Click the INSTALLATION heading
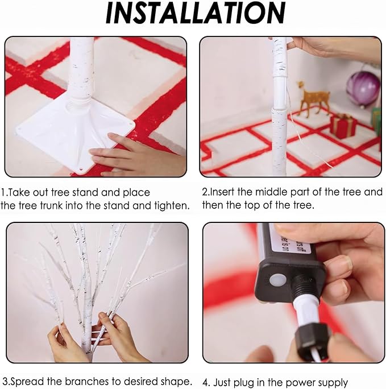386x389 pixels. pos(196,14)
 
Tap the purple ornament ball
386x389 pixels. pos(363,89)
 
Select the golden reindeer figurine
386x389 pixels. pos(313,99)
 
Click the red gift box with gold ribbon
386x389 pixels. pos(343,126)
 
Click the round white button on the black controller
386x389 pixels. pos(277,281)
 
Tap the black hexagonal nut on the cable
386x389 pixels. pos(312,338)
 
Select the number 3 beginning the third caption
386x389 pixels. pos(5,381)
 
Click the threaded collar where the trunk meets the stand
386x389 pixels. pos(80,101)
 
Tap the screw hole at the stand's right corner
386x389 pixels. pos(129,122)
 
